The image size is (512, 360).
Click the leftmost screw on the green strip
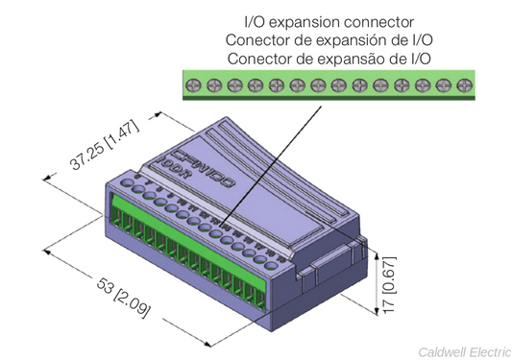[x=192, y=85]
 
